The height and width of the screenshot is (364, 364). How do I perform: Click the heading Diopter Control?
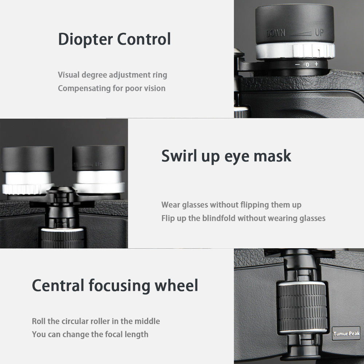(x=114, y=39)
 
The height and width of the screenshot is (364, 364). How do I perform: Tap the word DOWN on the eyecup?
(x=276, y=33)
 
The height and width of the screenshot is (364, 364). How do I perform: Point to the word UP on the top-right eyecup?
(x=319, y=32)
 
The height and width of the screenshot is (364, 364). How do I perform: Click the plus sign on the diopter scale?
(x=316, y=64)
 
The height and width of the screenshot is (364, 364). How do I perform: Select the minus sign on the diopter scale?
(x=297, y=64)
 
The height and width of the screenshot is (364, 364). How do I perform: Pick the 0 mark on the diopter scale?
(x=307, y=65)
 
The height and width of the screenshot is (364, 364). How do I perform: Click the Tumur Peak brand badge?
(x=346, y=333)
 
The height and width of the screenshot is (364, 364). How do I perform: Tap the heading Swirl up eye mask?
(x=226, y=156)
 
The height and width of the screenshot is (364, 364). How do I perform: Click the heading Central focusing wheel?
(x=115, y=285)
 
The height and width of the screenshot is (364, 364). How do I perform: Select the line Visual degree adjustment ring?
(x=112, y=75)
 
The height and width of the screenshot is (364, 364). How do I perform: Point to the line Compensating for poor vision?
(x=112, y=88)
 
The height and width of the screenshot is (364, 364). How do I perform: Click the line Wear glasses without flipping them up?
(x=231, y=205)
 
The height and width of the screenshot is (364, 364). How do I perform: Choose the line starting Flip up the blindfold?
(x=243, y=218)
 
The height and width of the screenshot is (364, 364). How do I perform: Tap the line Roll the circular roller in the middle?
(x=96, y=321)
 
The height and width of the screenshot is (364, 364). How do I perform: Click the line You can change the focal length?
(x=90, y=335)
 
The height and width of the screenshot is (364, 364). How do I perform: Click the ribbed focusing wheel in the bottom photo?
(x=302, y=307)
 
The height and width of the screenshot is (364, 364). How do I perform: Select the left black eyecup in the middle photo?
(x=28, y=159)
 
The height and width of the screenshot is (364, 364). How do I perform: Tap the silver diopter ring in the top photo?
(x=295, y=51)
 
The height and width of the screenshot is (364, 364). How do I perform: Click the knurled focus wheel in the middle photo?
(x=63, y=238)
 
